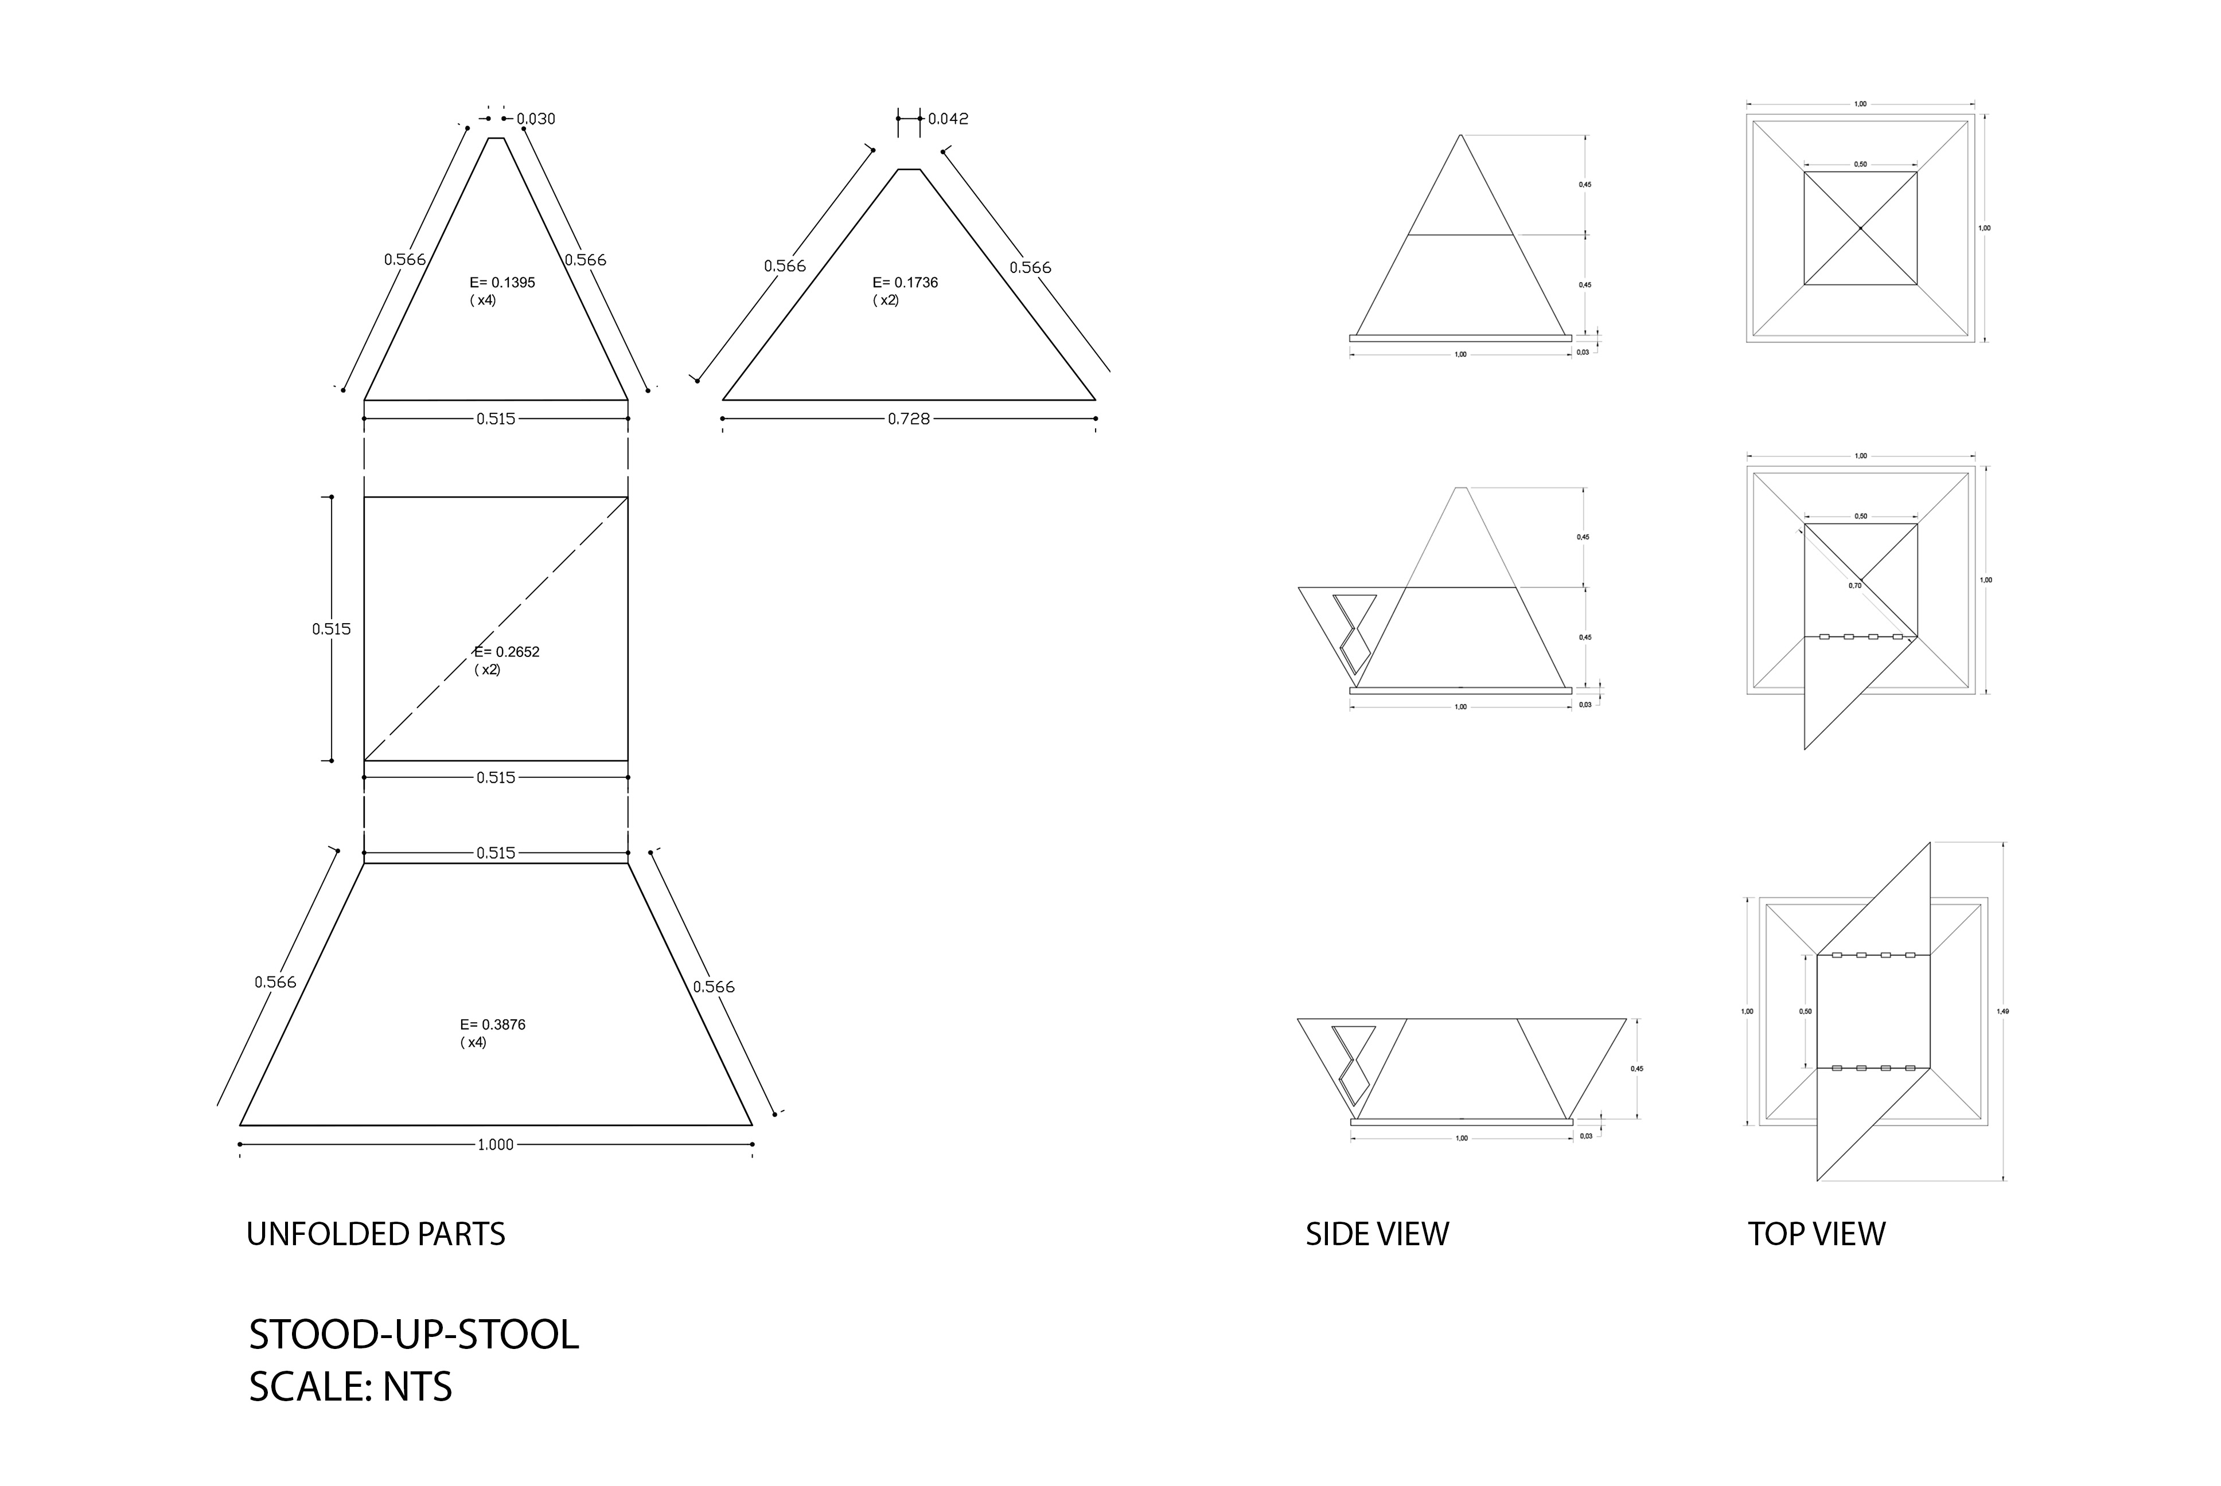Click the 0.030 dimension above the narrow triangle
[x=536, y=119]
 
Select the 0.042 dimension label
[x=948, y=119]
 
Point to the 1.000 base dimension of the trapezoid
[x=495, y=1144]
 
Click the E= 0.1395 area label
[x=502, y=283]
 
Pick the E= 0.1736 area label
[x=905, y=283]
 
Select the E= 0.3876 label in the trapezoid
[x=492, y=1024]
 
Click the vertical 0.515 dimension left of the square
[x=331, y=628]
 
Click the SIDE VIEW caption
[x=1377, y=1234]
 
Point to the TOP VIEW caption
[x=1816, y=1234]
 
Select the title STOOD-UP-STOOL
[x=414, y=1335]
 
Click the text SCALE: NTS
[x=350, y=1386]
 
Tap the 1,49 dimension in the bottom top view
[x=2002, y=1011]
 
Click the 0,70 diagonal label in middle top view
[x=1855, y=586]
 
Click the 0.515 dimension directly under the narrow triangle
[x=495, y=418]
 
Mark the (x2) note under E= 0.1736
[x=886, y=300]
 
